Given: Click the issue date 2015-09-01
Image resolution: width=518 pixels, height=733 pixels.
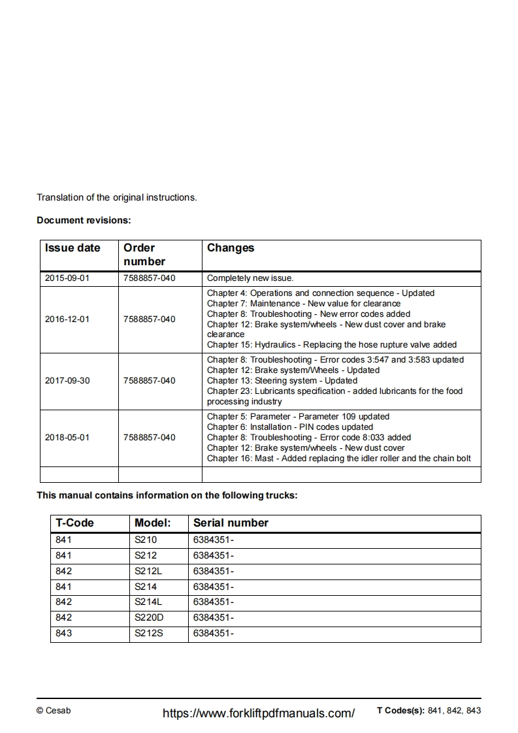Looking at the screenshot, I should point(67,278).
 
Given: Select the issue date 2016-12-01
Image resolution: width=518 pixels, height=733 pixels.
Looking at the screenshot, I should point(67,319).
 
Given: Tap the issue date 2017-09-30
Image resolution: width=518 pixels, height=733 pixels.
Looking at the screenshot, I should point(67,380).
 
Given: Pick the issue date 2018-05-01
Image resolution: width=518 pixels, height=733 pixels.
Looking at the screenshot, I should point(67,437).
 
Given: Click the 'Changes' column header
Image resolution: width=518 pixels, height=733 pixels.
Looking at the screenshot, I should point(231,248).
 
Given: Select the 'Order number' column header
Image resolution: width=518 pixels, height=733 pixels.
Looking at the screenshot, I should point(144,255).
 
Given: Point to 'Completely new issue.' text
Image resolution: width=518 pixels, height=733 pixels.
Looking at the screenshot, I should point(250,278).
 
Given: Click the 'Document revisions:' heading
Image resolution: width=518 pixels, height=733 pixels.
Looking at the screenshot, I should point(84,220).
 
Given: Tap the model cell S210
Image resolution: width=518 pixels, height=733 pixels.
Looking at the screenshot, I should point(146,540).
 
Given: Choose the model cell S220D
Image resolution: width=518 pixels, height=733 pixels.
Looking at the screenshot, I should point(149,617).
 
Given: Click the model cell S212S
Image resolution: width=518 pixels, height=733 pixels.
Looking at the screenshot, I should point(149,633).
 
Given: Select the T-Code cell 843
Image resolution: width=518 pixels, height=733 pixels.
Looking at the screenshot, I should point(64,633).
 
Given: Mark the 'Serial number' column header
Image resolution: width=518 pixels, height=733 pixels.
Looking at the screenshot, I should point(231,523).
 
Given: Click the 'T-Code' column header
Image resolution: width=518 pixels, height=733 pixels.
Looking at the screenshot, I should point(74,523).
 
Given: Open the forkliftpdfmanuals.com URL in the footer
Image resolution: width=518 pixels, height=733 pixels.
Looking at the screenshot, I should point(258,713).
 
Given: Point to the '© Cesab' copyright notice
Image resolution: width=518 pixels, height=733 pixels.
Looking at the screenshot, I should point(54,711).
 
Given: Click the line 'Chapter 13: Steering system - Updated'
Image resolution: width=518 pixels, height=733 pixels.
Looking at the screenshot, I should point(282,380).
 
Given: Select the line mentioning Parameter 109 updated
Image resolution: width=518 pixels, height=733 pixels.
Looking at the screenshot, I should point(298,416).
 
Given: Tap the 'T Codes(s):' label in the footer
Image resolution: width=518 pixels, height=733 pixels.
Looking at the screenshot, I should point(400,711).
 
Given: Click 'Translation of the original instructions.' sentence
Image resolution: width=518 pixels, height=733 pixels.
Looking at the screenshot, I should point(116,197).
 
